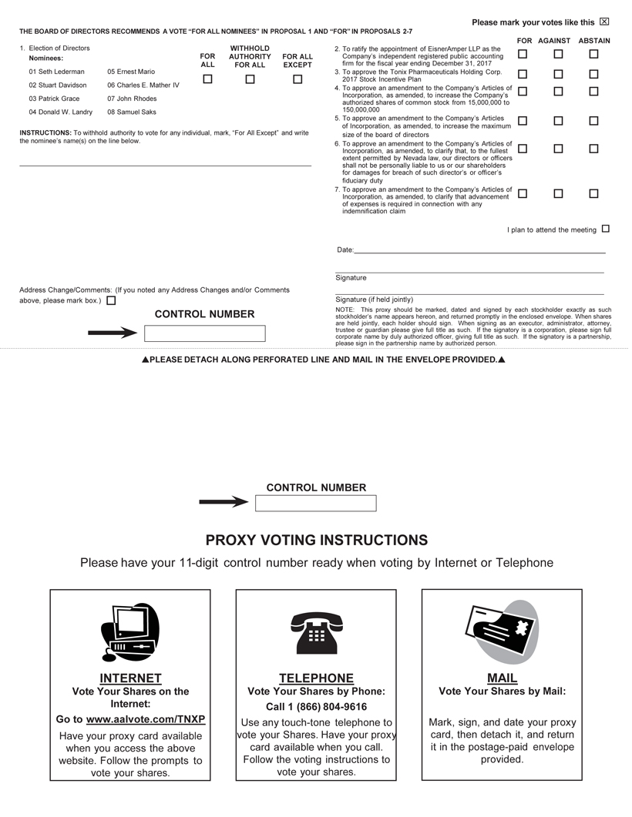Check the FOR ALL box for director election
208,79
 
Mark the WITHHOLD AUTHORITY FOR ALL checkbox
250,79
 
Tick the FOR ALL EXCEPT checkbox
298,79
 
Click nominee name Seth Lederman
57,72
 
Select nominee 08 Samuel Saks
132,112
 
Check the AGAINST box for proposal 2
558,54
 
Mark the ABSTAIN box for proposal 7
593,194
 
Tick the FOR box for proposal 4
523,92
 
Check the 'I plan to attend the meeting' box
605,229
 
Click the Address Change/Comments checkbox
111,301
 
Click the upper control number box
204,333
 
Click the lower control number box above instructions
315,504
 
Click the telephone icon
316,632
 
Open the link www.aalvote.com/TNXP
146,719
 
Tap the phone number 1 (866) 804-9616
316,707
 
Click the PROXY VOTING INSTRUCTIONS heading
316,540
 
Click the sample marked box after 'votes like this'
604,22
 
